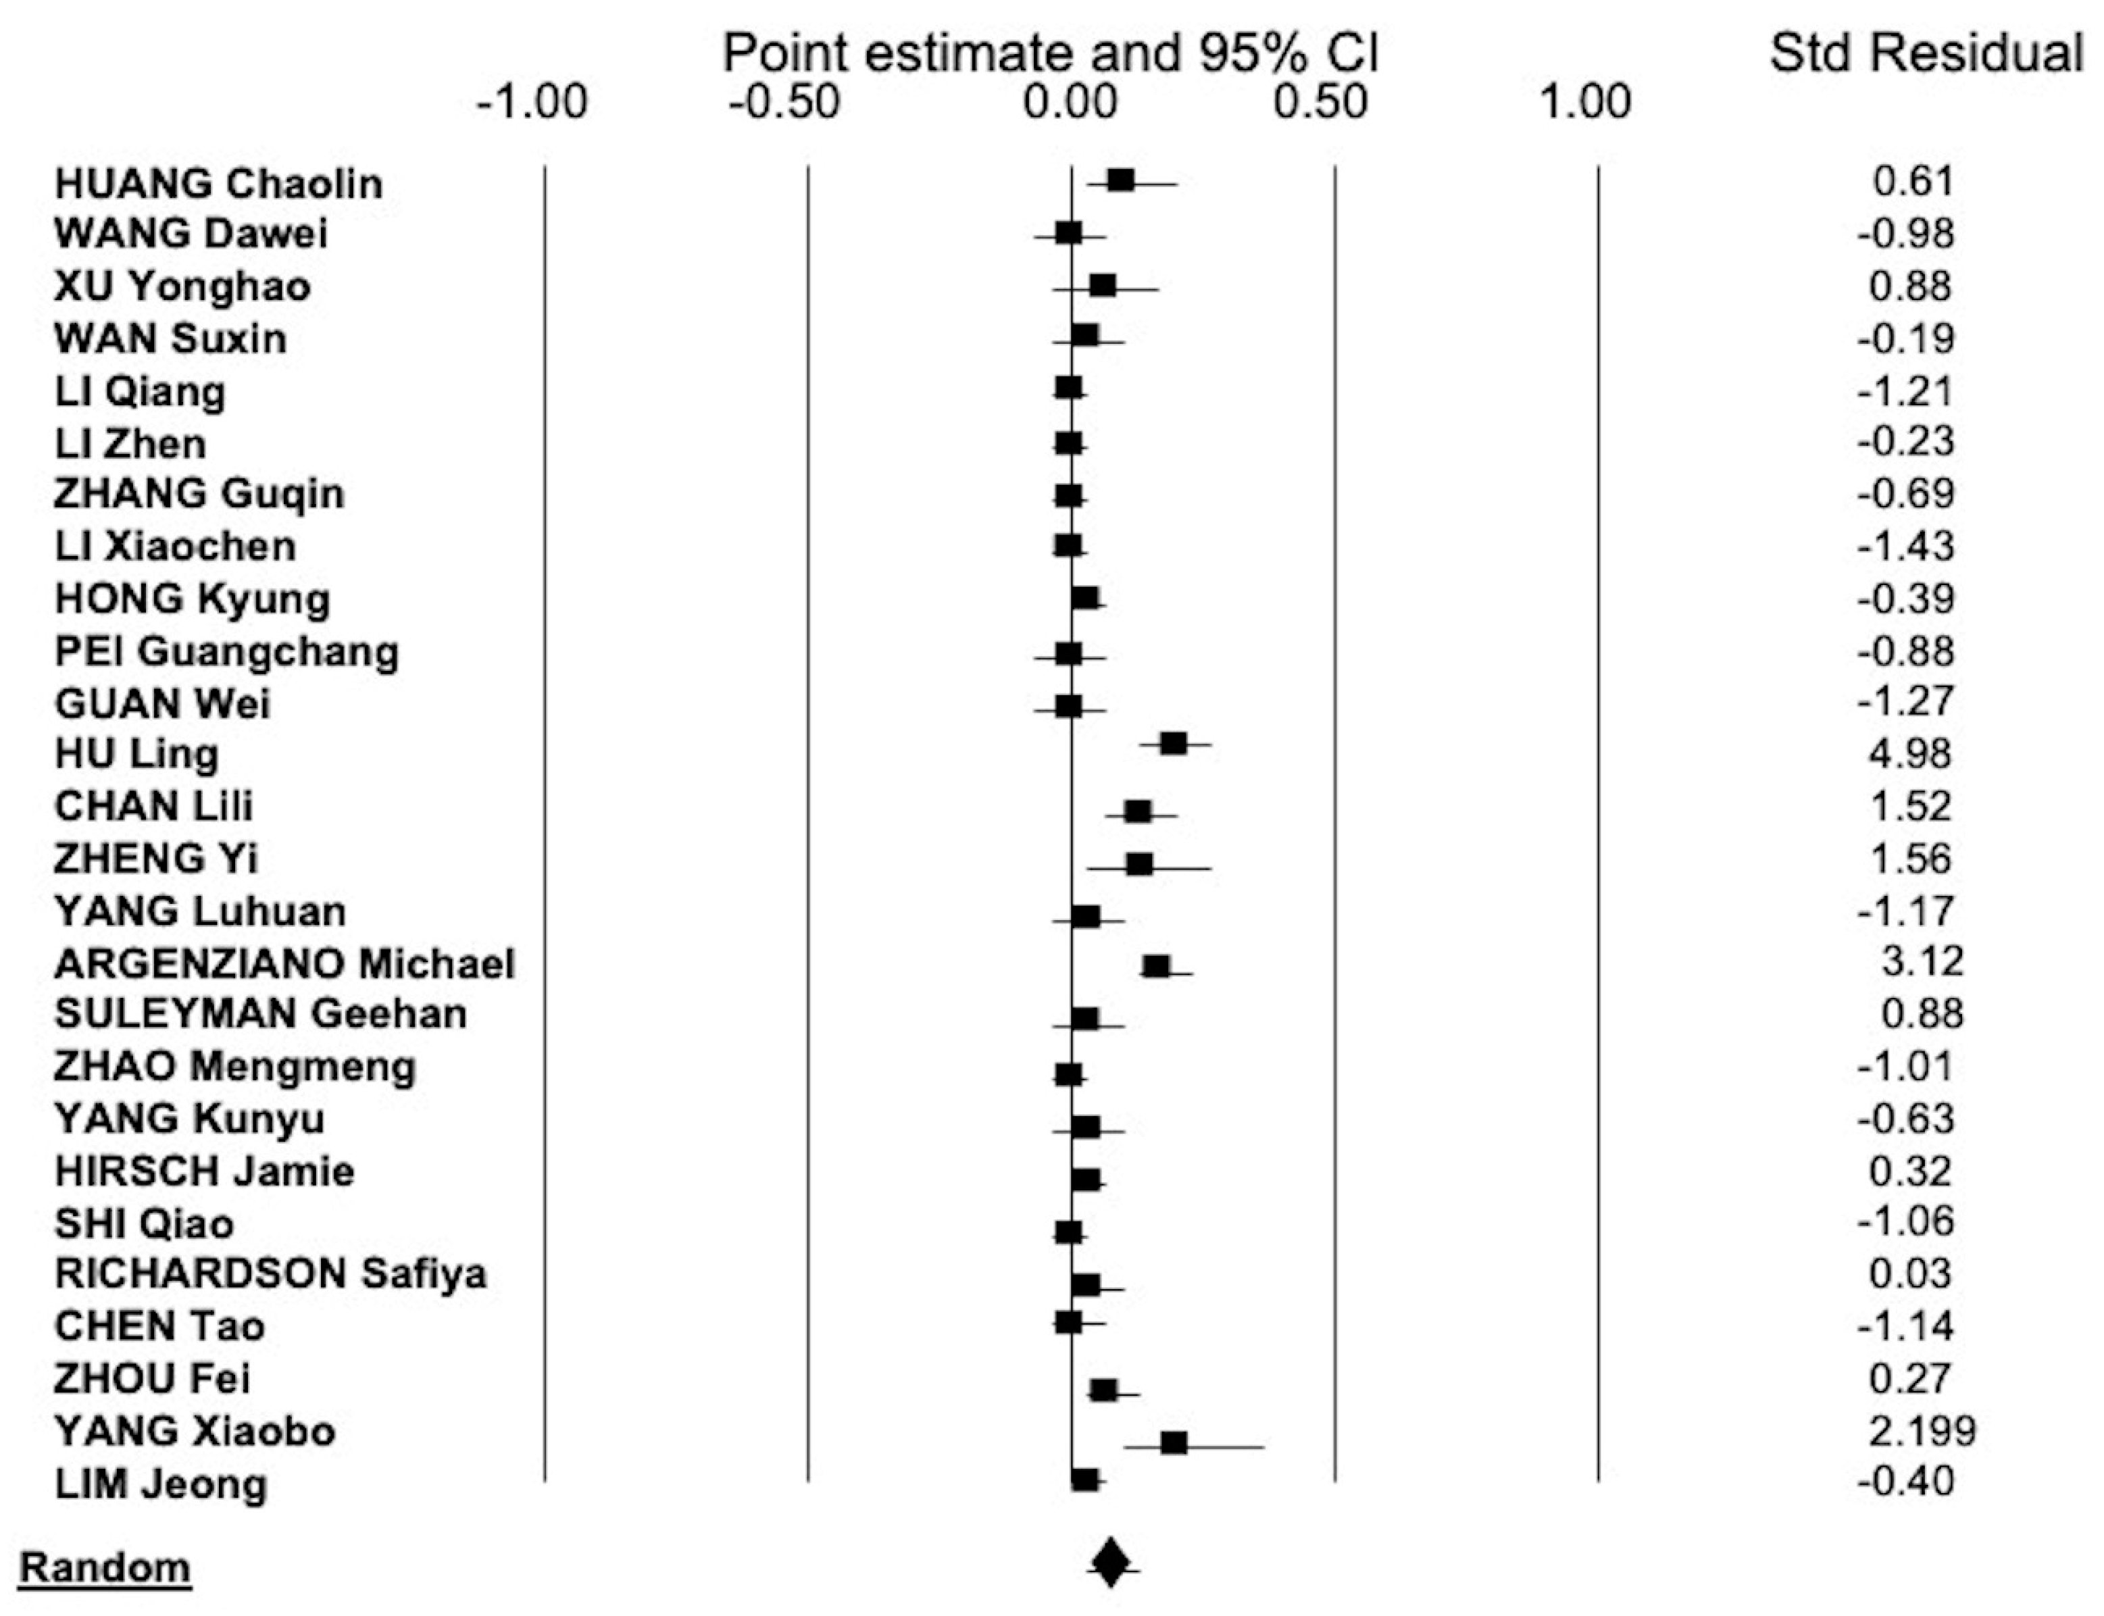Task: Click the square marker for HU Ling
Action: click(x=1173, y=744)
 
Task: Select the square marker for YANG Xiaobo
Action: click(x=1174, y=1443)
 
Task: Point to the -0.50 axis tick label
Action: click(x=783, y=102)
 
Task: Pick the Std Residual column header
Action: click(x=1926, y=53)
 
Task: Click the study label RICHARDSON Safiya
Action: click(x=270, y=1273)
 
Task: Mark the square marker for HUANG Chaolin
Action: click(x=1121, y=181)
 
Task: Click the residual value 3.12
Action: click(x=1921, y=961)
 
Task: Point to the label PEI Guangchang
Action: click(x=226, y=651)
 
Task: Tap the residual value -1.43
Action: click(x=1905, y=547)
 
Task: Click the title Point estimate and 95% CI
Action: click(x=1051, y=53)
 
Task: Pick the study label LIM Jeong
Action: click(x=161, y=1484)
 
